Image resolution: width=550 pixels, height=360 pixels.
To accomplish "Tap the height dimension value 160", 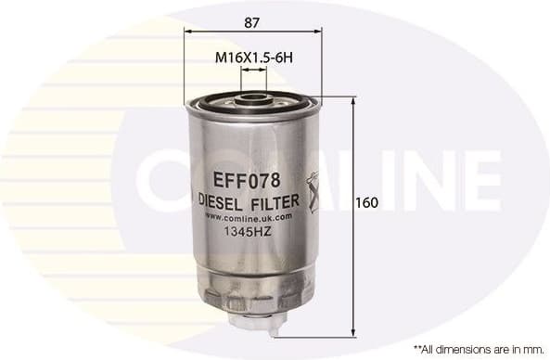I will tap(367, 203).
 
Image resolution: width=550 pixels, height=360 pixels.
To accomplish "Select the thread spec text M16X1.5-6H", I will tap(253, 57).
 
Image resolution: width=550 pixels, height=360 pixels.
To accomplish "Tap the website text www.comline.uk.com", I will tap(248, 216).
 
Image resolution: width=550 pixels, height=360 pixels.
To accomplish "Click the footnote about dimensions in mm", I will tap(478, 350).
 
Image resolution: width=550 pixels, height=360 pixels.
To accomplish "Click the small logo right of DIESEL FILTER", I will tap(313, 191).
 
